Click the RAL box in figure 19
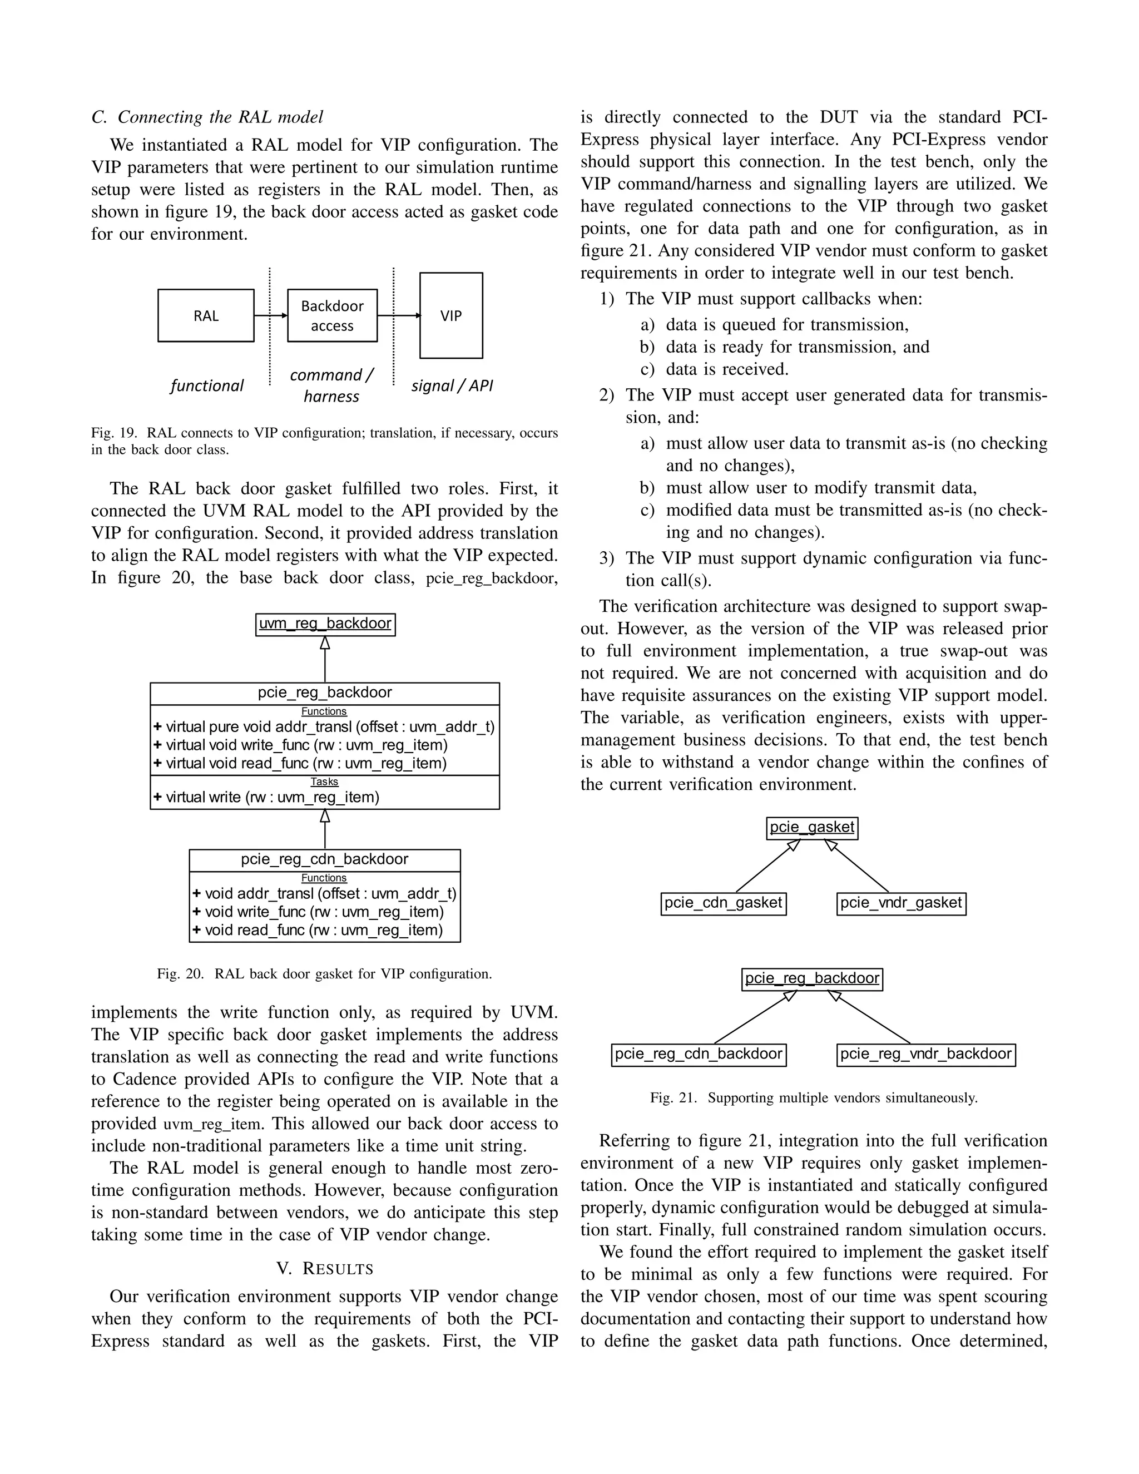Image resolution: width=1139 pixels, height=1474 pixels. click(x=206, y=316)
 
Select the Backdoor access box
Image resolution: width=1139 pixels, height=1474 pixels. click(x=332, y=316)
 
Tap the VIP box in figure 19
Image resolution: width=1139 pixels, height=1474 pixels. click(x=450, y=316)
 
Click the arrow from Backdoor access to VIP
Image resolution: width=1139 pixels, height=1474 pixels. click(x=398, y=315)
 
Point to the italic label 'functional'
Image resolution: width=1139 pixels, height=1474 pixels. click(x=206, y=385)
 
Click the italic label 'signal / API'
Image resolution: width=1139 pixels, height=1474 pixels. click(x=452, y=385)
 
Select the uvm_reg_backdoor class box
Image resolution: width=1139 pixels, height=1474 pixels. click(x=325, y=624)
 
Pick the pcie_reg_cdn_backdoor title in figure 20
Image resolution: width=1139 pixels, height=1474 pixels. click(x=325, y=859)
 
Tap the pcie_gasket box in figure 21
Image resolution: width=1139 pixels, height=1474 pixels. click(x=812, y=828)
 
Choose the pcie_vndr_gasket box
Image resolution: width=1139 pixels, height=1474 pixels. click(x=901, y=903)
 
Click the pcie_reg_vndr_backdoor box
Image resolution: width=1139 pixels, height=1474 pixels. click(x=926, y=1054)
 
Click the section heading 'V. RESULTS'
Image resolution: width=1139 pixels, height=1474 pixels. click(x=325, y=1269)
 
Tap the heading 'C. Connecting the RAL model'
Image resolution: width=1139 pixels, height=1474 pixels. click(x=207, y=117)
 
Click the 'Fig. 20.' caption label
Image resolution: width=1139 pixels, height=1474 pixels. click(x=180, y=974)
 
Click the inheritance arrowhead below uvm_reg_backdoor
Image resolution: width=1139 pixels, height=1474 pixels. click(x=325, y=643)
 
